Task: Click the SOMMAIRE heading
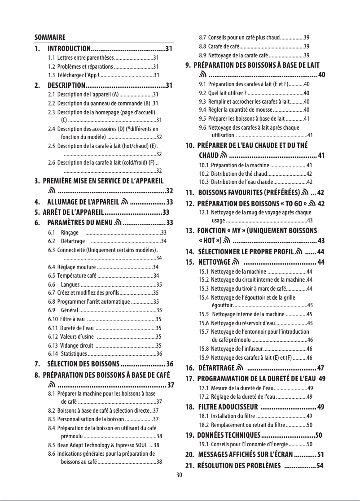click(x=50, y=37)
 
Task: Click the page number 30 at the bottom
click(x=180, y=475)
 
